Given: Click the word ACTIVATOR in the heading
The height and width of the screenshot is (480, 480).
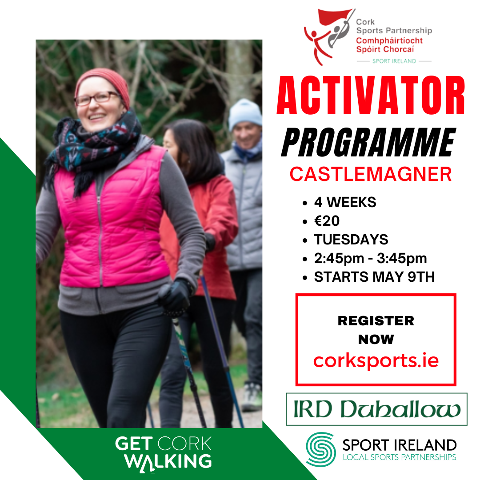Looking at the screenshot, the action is (371, 95).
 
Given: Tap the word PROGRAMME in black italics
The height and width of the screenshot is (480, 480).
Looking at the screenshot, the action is (368, 142).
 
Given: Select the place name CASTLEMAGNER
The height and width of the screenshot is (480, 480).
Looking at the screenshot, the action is (371, 174).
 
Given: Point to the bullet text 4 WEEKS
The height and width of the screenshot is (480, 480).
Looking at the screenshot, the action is (345, 202).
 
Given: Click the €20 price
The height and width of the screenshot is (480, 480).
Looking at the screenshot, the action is (327, 221).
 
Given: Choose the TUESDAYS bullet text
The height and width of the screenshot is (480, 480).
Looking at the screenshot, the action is (351, 240).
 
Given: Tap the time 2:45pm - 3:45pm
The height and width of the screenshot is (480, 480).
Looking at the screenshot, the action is (370, 258).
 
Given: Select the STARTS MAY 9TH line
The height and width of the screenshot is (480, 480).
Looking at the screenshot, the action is (374, 277).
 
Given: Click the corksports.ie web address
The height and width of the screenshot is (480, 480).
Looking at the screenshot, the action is (376, 360).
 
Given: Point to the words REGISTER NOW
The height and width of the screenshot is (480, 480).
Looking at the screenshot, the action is (376, 330).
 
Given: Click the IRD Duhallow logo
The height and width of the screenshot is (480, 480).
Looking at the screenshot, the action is (376, 409).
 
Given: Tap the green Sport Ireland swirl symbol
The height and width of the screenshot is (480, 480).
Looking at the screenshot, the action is (321, 449).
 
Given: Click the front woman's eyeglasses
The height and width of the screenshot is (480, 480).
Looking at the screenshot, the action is (97, 99).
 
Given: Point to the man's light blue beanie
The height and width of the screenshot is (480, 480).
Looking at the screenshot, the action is (245, 114).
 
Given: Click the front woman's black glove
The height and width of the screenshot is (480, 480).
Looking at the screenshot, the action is (175, 296).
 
